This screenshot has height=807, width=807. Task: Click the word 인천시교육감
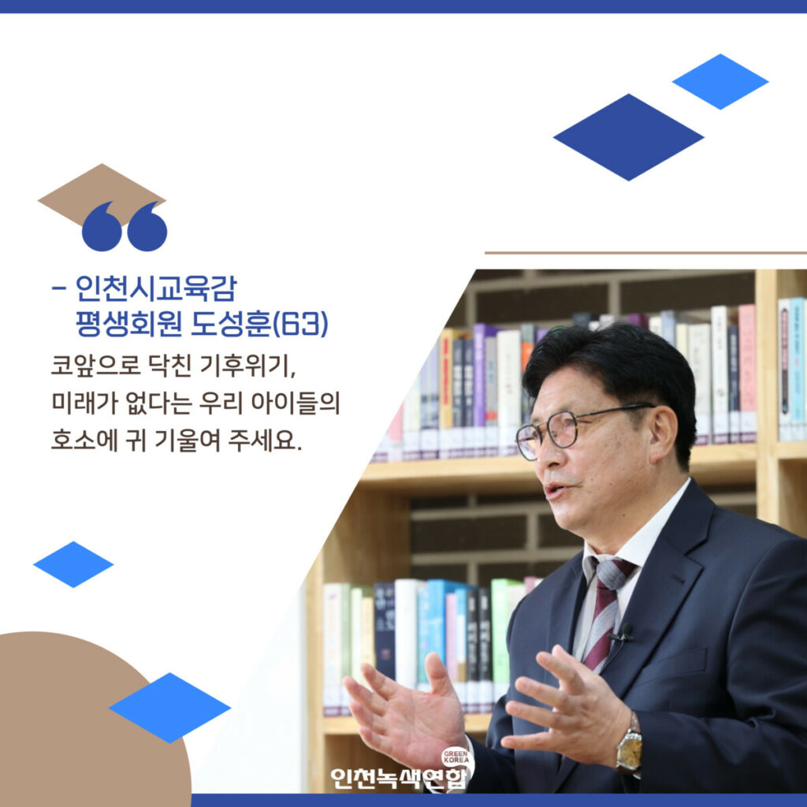156,288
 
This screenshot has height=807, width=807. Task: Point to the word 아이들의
296,403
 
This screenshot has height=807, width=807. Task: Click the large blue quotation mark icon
125,226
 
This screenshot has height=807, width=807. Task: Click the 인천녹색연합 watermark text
400,778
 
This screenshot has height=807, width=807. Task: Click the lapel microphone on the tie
624,633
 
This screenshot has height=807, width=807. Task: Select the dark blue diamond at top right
628,137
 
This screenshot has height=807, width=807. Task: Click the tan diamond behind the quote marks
102,195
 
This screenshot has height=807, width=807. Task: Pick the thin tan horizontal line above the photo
646,253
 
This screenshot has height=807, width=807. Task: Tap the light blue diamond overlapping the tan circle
170,708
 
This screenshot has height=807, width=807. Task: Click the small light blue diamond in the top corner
720,81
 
